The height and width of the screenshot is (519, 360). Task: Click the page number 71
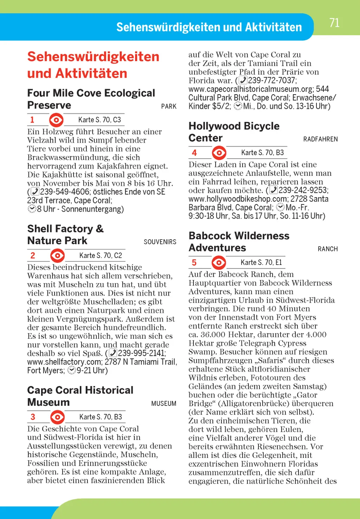click(x=334, y=23)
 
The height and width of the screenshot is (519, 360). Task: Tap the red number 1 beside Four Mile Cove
click(x=32, y=120)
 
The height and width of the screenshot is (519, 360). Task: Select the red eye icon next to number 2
click(x=57, y=255)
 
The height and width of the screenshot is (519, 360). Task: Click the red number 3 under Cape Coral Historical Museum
click(x=33, y=417)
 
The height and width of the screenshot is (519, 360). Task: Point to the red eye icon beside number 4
click(x=219, y=153)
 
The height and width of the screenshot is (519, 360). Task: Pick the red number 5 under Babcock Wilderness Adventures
click(x=194, y=262)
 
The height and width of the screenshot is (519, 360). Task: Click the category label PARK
click(x=169, y=106)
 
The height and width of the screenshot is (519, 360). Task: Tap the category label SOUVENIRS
click(x=160, y=242)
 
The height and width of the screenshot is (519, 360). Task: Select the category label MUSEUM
click(x=163, y=404)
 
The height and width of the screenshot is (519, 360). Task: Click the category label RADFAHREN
click(x=320, y=140)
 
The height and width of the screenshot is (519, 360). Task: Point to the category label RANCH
click(x=328, y=249)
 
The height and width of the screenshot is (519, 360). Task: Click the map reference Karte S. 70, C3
click(x=99, y=120)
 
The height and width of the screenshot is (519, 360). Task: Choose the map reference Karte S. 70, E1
click(x=261, y=262)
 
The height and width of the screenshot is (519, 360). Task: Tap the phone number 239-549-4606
click(x=65, y=192)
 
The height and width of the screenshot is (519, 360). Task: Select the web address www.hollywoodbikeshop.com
click(x=238, y=199)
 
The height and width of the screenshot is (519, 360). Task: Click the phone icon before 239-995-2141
click(x=113, y=353)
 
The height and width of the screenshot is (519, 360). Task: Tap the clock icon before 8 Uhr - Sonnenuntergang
click(x=32, y=209)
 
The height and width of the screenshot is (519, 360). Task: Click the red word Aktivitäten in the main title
click(x=91, y=73)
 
